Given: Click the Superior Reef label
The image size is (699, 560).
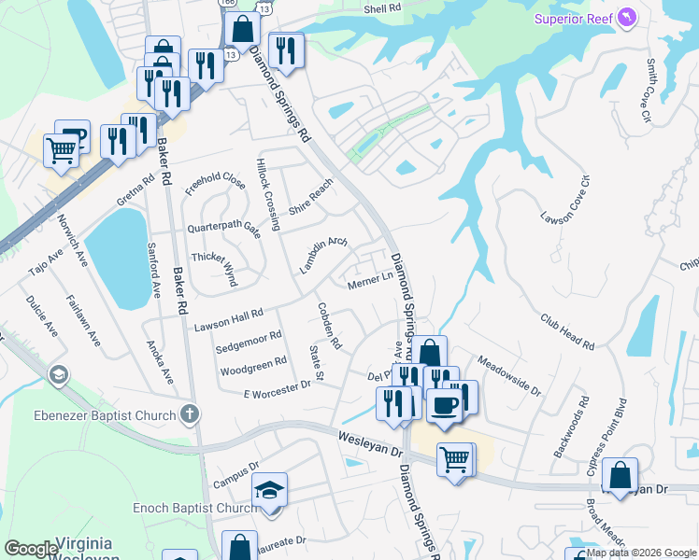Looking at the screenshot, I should click(x=573, y=19).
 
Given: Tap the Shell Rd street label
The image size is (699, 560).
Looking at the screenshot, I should click(x=382, y=7).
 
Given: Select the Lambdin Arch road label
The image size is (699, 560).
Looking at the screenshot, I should click(x=322, y=255).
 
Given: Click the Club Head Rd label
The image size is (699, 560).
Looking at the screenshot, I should click(x=566, y=331).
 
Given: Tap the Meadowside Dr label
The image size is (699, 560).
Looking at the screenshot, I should click(x=509, y=374).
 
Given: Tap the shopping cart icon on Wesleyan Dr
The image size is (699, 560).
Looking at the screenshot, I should click(x=455, y=458).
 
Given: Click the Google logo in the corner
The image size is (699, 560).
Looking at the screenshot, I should click(x=31, y=549).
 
